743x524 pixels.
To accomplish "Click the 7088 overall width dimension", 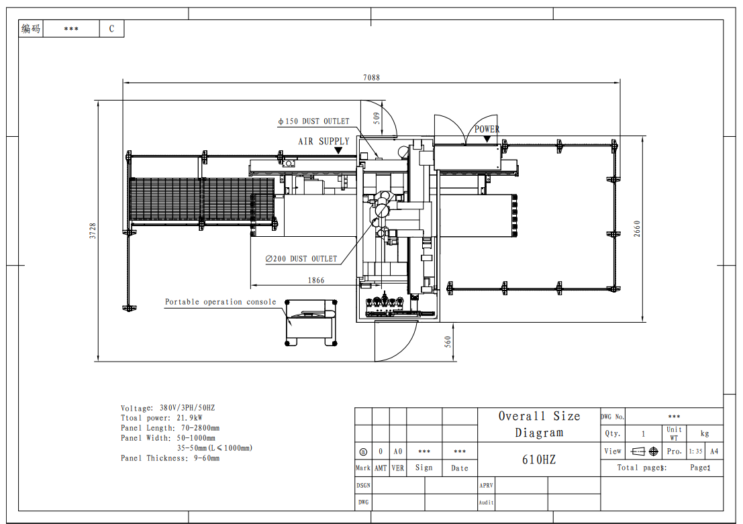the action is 372,77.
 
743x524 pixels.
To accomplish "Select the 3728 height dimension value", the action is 93,231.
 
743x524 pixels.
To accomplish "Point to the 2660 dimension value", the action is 637,229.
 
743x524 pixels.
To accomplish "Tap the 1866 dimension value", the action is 316,280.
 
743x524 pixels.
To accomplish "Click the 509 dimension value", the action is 377,117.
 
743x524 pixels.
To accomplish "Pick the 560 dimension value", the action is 448,342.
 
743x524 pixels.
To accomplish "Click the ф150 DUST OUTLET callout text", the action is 313,121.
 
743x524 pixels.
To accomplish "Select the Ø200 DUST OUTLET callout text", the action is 301,259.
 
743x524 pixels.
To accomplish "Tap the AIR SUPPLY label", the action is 324,141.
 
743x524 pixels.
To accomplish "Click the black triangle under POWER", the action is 487,138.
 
